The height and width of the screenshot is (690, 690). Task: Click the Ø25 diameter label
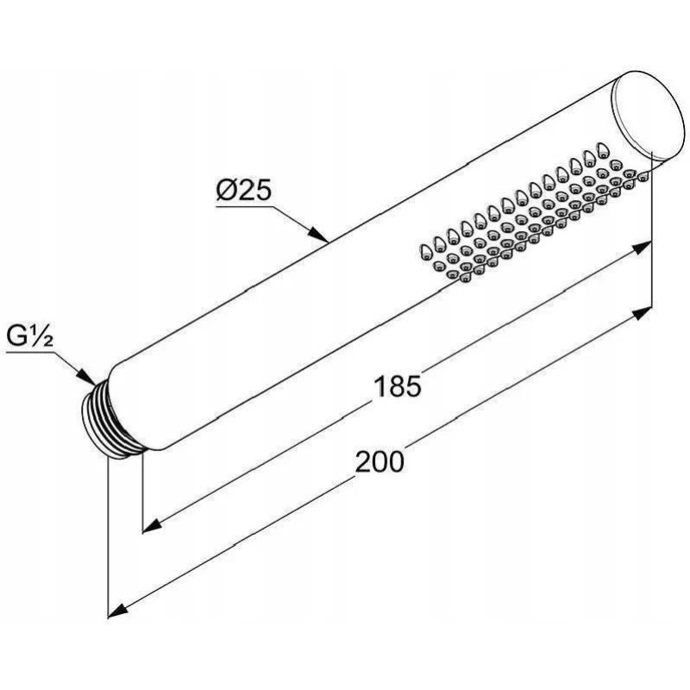pos(243,191)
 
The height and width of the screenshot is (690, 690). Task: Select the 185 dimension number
pos(397,386)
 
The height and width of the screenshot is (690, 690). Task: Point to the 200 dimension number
pos(379,461)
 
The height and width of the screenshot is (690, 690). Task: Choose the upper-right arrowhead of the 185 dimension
pos(641,248)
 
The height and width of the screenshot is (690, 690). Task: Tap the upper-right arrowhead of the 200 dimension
pos(642,313)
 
